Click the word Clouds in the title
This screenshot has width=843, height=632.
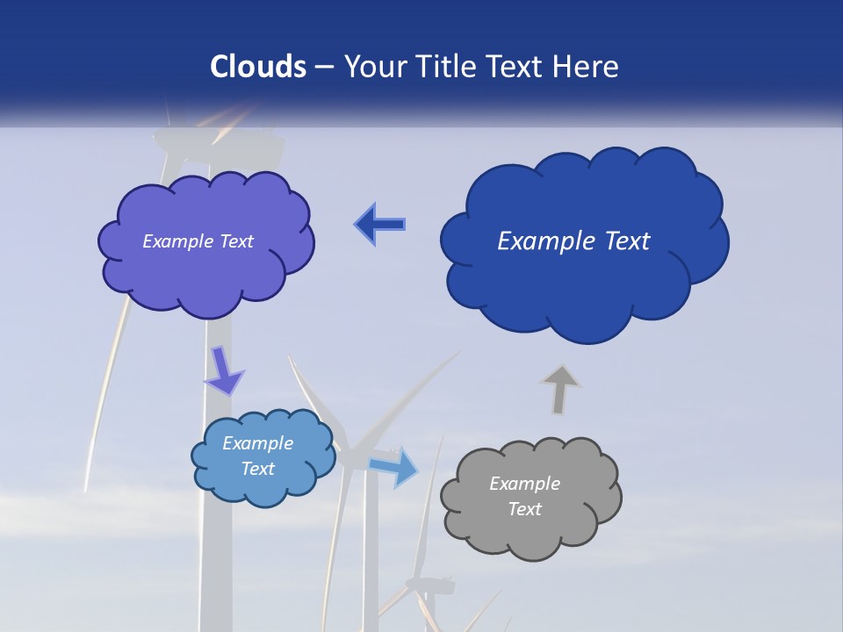pyautogui.click(x=257, y=67)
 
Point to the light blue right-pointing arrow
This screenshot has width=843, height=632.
pyautogui.click(x=394, y=466)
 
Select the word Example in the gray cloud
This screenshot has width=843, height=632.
pyautogui.click(x=524, y=484)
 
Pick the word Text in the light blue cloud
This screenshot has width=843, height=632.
pyautogui.click(x=258, y=469)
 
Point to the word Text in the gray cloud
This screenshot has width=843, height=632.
pyautogui.click(x=524, y=509)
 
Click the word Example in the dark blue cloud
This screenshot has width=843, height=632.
pyautogui.click(x=542, y=241)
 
